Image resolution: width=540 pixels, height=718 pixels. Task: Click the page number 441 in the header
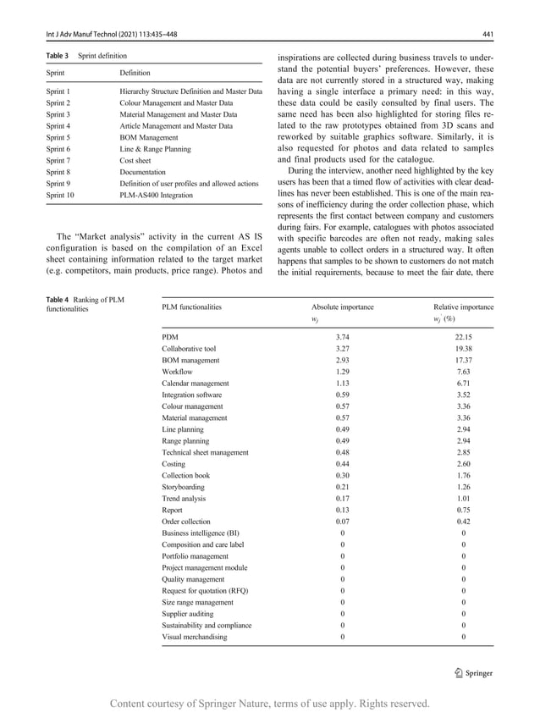(487, 35)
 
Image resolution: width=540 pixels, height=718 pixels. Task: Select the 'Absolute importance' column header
(342, 307)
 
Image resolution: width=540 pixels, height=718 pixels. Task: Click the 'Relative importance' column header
(463, 307)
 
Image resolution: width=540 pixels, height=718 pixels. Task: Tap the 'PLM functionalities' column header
(191, 307)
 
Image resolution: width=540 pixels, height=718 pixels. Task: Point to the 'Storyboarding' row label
(184, 487)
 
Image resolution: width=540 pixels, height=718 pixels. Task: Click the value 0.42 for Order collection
(462, 522)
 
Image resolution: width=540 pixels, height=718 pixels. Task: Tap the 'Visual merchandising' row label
(194, 637)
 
